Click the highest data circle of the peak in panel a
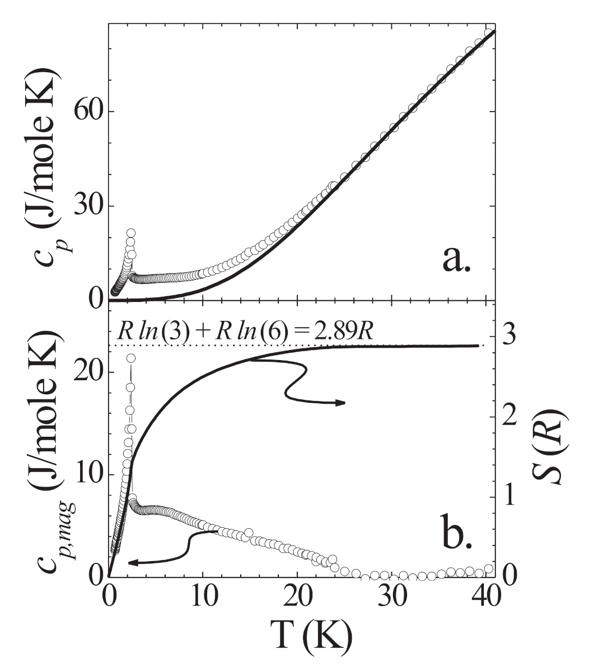(x=131, y=232)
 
